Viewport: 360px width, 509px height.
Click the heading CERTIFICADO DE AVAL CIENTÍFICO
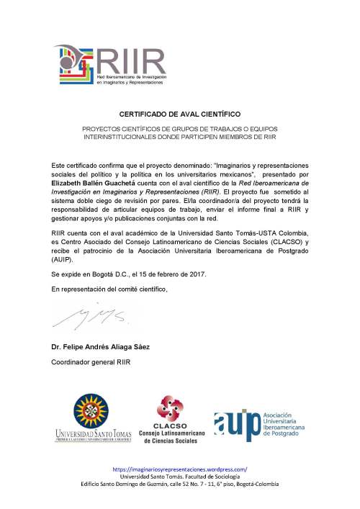coord(179,114)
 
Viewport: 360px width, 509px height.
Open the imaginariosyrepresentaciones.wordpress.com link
coord(180,469)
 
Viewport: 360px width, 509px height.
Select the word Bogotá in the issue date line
coord(99,274)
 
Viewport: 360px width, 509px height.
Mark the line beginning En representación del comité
coord(109,289)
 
